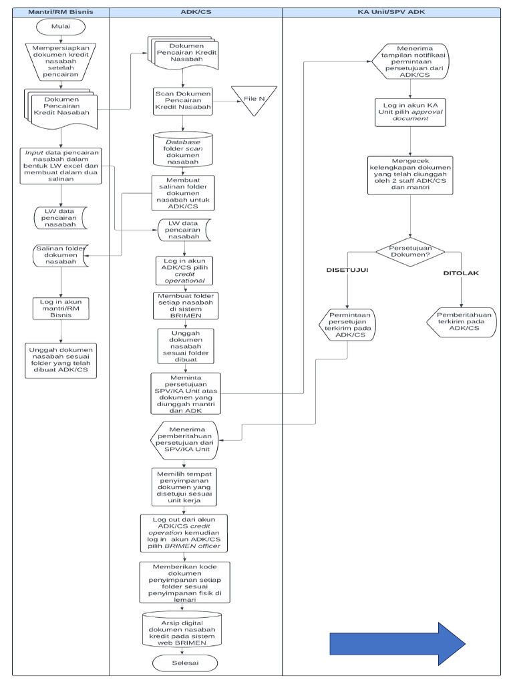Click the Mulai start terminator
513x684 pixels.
[x=61, y=27]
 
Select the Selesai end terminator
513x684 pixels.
[x=184, y=662]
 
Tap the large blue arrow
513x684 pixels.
[x=397, y=644]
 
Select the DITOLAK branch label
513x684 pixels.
[x=461, y=273]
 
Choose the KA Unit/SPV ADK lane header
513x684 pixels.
[x=391, y=11]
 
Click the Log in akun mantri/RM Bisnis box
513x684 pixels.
[x=61, y=309]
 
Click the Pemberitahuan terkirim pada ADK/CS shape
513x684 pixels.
[x=461, y=321]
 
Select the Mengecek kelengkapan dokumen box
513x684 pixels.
[x=411, y=174]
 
